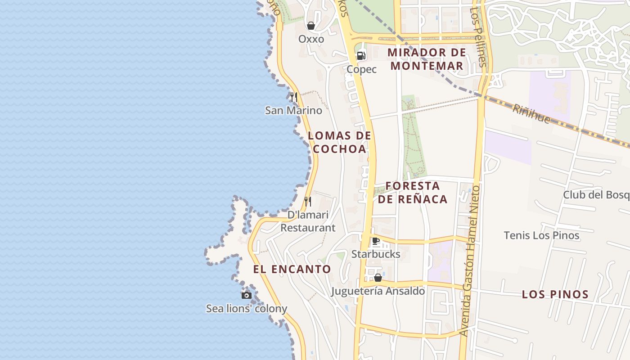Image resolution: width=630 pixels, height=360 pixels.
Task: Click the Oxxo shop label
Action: tap(311, 39)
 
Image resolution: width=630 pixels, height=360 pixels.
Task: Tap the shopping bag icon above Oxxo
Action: tap(311, 26)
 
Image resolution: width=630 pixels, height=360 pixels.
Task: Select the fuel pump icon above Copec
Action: tap(361, 56)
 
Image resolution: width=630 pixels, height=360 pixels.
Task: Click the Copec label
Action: tap(361, 69)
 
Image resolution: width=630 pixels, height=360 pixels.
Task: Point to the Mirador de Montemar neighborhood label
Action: tap(427, 59)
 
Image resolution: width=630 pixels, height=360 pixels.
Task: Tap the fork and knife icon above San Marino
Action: tap(293, 97)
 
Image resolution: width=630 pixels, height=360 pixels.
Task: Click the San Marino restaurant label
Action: tap(293, 110)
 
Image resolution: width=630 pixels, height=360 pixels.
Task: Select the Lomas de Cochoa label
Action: tap(340, 142)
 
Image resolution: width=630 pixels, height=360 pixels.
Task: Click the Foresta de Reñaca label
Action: tap(413, 193)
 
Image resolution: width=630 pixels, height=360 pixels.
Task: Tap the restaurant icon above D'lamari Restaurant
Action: tap(308, 201)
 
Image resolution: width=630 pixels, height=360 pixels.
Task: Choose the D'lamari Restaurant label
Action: tap(308, 221)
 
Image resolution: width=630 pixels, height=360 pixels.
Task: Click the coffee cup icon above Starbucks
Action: tap(376, 241)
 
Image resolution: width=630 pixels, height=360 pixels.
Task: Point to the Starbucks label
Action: tap(376, 254)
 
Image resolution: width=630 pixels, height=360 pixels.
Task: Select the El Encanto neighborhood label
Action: tap(292, 270)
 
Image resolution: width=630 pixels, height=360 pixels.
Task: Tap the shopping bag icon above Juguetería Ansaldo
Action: tap(378, 278)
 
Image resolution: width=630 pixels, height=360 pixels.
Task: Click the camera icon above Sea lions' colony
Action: tap(247, 295)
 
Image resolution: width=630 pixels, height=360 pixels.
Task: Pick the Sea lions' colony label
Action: tap(247, 309)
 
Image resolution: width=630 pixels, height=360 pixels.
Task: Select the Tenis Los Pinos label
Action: tap(541, 235)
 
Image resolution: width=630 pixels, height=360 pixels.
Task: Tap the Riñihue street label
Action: tap(531, 113)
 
